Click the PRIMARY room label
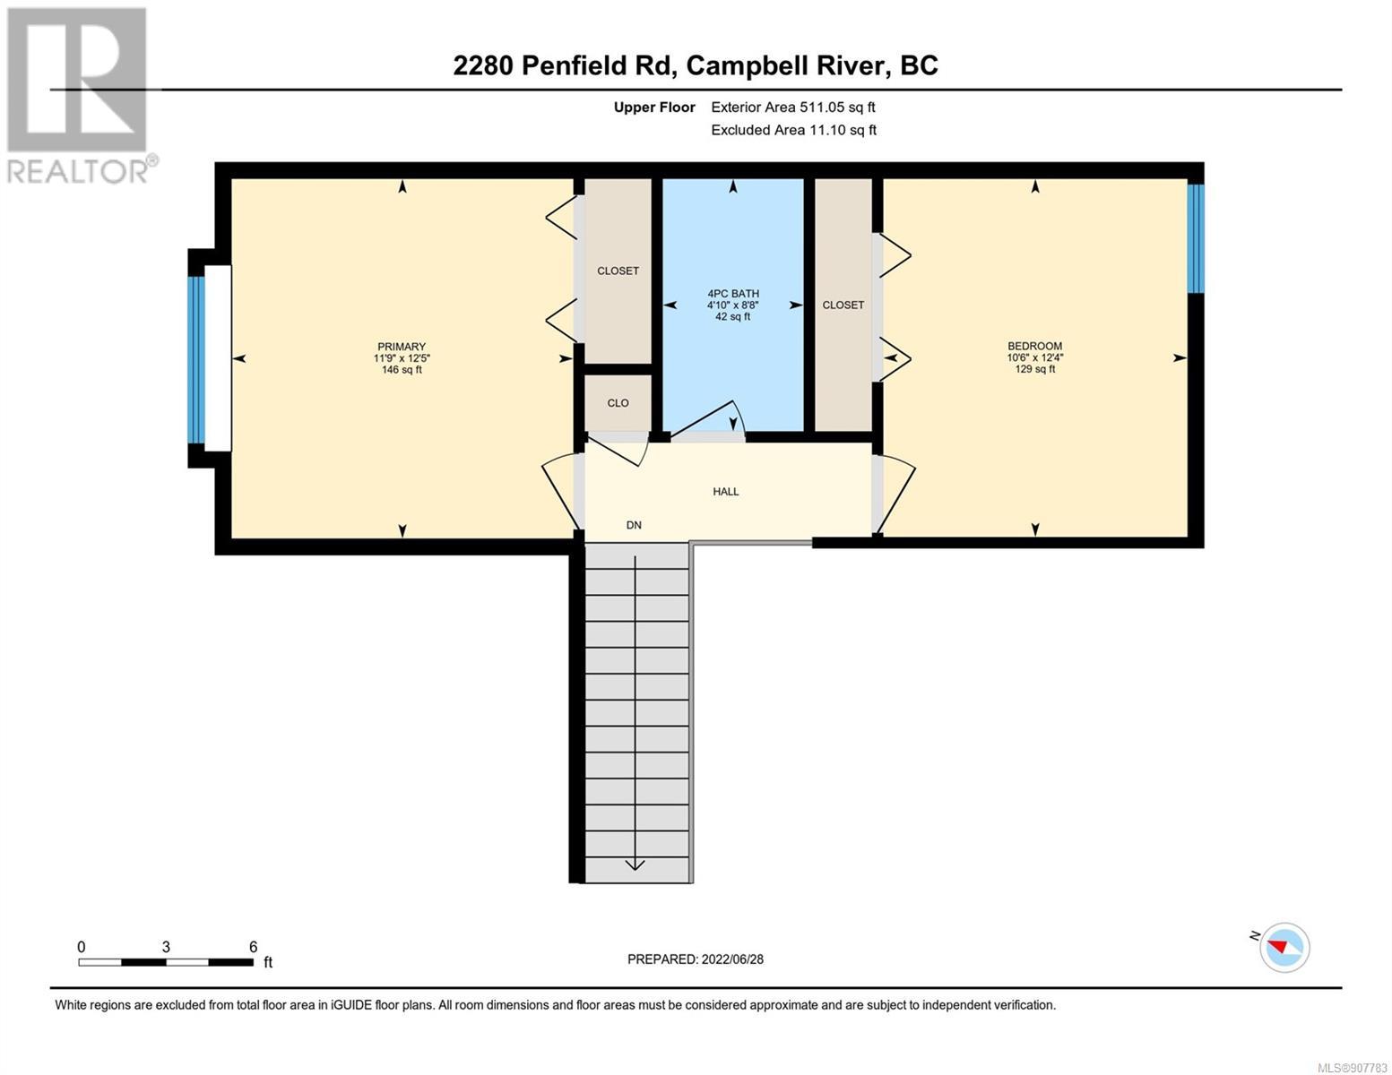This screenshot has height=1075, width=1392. tap(401, 347)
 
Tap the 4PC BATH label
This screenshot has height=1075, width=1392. tap(733, 294)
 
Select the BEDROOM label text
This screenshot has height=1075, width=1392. tap(1034, 346)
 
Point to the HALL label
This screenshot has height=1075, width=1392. tap(726, 491)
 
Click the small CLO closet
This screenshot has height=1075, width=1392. tap(618, 403)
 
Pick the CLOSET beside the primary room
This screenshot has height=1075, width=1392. tap(618, 271)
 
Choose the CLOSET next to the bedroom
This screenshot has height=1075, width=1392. tap(843, 305)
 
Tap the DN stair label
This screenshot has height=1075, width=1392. tap(634, 525)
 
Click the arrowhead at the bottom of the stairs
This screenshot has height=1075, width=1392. tap(635, 865)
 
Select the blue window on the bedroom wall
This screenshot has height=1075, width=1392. tap(1196, 239)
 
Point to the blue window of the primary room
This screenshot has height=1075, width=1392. tap(196, 359)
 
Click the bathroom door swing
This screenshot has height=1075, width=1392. tap(707, 420)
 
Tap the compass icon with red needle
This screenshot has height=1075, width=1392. tap(1284, 948)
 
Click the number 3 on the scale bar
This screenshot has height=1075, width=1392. tap(166, 947)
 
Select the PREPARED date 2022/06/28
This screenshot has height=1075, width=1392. tap(732, 959)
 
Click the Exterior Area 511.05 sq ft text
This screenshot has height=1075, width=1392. tap(793, 107)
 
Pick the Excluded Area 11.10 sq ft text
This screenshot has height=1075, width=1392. tap(793, 130)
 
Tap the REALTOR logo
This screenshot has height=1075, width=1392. tap(80, 96)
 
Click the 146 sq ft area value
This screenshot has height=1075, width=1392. tap(402, 369)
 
